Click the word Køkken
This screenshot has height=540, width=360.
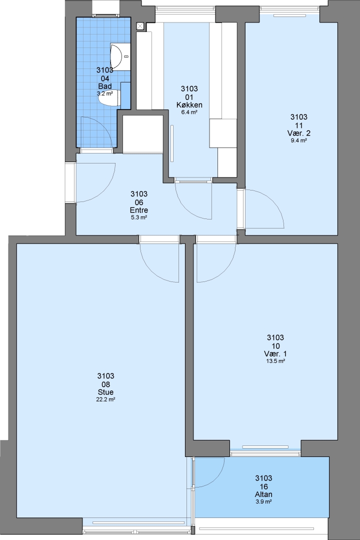point(189,105)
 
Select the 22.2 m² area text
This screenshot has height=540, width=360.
point(105,400)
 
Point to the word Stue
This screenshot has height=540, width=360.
point(105,392)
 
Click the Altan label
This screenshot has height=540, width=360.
point(263,494)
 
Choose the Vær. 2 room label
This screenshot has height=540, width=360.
point(299,133)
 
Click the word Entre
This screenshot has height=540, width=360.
point(139,210)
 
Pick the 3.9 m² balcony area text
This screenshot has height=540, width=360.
point(263,502)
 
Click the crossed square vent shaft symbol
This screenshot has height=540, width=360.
point(140,26)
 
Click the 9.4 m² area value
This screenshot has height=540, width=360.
point(299,140)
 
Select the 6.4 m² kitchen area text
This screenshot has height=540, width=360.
point(189,112)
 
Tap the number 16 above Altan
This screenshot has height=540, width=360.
point(263,486)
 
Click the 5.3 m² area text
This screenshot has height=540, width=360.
point(139,217)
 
